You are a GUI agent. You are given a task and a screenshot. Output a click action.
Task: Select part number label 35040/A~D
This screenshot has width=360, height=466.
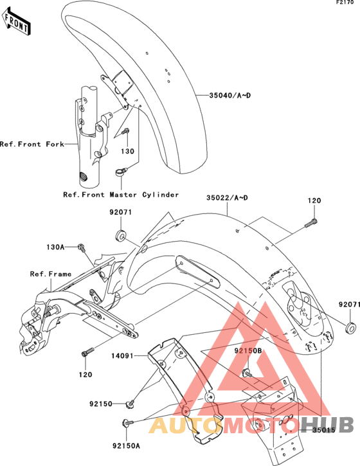click(x=230, y=95)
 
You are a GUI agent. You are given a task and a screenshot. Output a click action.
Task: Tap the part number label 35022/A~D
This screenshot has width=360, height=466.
click(x=227, y=198)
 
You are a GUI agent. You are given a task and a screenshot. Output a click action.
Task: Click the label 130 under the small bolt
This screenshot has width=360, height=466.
click(x=127, y=151)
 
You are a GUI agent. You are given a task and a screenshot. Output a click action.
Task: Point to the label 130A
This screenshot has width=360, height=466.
click(x=55, y=247)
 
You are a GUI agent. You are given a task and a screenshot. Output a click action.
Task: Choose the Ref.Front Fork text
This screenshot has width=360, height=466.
click(x=32, y=144)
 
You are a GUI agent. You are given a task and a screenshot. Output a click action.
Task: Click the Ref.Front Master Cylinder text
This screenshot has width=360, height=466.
click(x=121, y=195)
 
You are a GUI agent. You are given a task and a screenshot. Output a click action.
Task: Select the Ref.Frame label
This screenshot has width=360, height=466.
click(x=51, y=274)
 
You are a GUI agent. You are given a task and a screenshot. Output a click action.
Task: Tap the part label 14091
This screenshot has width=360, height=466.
click(x=123, y=355)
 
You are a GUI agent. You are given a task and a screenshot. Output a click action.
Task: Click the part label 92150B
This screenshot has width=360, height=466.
click(x=248, y=351)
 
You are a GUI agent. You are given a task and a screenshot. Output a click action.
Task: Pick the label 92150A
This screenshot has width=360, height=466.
click(x=126, y=446)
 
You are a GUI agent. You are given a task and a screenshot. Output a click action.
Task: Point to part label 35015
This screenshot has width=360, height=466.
click(x=324, y=430)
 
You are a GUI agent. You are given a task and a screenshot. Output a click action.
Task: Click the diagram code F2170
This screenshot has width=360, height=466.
click(x=345, y=3)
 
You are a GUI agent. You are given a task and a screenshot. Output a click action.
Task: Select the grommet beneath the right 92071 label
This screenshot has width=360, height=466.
click(x=351, y=327)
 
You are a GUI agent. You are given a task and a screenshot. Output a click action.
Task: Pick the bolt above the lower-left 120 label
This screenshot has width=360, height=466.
click(x=87, y=351)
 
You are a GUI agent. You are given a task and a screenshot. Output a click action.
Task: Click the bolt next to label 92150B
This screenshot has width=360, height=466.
click(x=247, y=373)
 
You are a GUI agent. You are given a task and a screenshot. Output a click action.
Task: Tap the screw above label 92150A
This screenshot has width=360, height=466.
click(x=128, y=422)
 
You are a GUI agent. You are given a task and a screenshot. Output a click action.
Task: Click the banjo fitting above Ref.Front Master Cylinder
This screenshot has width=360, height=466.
click(x=121, y=172)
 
